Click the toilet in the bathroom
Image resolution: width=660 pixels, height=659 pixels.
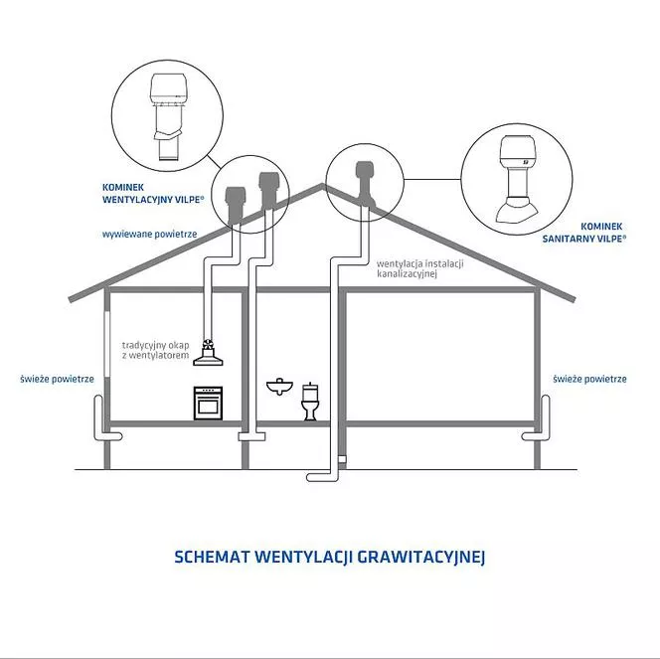pyautogui.click(x=310, y=402)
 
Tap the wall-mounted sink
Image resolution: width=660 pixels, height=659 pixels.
pyautogui.click(x=280, y=387)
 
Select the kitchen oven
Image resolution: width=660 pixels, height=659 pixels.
pyautogui.click(x=208, y=404)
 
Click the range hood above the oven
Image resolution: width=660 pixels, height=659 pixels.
pyautogui.click(x=208, y=354)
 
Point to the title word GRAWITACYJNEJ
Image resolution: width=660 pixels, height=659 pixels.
pyautogui.click(x=420, y=558)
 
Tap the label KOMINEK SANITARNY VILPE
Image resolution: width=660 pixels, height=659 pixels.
pyautogui.click(x=583, y=233)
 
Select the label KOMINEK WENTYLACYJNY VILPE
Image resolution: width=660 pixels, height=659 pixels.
pyautogui.click(x=153, y=193)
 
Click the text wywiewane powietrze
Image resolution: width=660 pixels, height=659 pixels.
pyautogui.click(x=150, y=234)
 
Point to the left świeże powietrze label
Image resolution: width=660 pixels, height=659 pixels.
pyautogui.click(x=58, y=379)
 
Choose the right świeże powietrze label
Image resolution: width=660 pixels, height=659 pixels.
pyautogui.click(x=589, y=379)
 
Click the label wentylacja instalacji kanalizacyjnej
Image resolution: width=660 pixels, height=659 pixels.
pyautogui.click(x=420, y=269)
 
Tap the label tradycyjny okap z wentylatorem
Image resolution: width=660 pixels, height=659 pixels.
pyautogui.click(x=156, y=350)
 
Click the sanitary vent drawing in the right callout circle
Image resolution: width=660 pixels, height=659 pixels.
pyautogui.click(x=517, y=179)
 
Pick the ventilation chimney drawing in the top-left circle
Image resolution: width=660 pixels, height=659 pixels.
pyautogui.click(x=168, y=118)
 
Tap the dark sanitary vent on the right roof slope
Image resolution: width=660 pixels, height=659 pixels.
pyautogui.click(x=365, y=183)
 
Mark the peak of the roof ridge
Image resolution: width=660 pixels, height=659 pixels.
pyautogui.click(x=322, y=184)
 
